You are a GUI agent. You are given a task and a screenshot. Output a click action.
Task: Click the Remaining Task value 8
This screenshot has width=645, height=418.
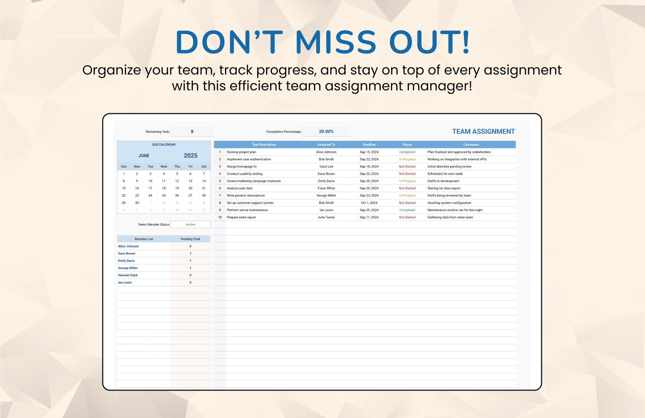click(192, 132)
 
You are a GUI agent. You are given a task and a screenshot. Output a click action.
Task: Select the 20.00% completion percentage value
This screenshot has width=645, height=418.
click(326, 132)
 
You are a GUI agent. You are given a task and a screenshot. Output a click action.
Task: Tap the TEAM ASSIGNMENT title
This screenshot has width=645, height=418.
click(483, 132)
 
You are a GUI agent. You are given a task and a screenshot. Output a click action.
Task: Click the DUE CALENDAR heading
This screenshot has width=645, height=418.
click(164, 145)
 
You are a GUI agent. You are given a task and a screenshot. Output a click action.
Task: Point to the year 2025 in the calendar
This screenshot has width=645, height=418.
click(191, 155)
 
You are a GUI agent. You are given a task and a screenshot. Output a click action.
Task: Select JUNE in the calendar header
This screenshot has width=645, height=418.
click(144, 156)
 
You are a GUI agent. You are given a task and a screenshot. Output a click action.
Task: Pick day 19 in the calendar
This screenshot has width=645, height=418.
click(177, 188)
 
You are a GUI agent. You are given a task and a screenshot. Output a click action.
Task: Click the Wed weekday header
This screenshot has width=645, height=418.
click(164, 166)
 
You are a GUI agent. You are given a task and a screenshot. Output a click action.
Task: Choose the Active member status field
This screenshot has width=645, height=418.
click(191, 224)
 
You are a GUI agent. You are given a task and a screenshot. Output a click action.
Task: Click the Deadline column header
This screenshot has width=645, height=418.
click(369, 145)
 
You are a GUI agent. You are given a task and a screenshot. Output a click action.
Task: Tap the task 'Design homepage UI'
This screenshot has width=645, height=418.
click(242, 166)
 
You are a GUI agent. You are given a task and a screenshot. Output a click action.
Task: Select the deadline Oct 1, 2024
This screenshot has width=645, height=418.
click(369, 203)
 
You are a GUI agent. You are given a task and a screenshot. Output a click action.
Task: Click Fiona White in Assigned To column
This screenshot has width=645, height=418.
click(326, 188)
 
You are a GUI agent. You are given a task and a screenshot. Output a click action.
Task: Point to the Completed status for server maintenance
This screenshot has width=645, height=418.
click(407, 210)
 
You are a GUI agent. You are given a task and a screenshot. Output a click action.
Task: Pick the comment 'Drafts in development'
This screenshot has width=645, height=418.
click(443, 181)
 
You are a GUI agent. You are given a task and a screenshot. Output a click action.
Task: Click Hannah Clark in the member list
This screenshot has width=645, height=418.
click(128, 275)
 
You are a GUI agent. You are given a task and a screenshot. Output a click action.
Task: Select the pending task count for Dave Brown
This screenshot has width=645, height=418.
click(191, 254)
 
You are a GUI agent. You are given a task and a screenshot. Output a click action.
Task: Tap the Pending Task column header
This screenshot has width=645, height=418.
click(191, 239)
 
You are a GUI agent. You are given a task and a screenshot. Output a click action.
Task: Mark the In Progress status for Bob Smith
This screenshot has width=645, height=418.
click(407, 159)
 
